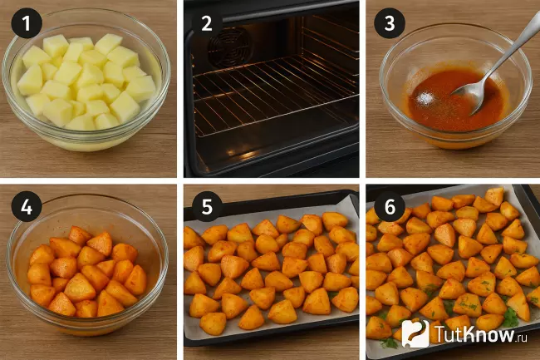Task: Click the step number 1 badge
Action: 27,23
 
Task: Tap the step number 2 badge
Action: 207,23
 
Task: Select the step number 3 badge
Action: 390,23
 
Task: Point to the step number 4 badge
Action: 27,207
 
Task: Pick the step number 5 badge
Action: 207,207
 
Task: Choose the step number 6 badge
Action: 390,207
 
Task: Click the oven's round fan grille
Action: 229,47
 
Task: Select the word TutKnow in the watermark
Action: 474,333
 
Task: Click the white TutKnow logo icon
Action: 415,333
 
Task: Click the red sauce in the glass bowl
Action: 454,101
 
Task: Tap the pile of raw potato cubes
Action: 86,82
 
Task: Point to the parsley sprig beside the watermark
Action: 510,317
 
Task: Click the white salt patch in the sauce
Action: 425,99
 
